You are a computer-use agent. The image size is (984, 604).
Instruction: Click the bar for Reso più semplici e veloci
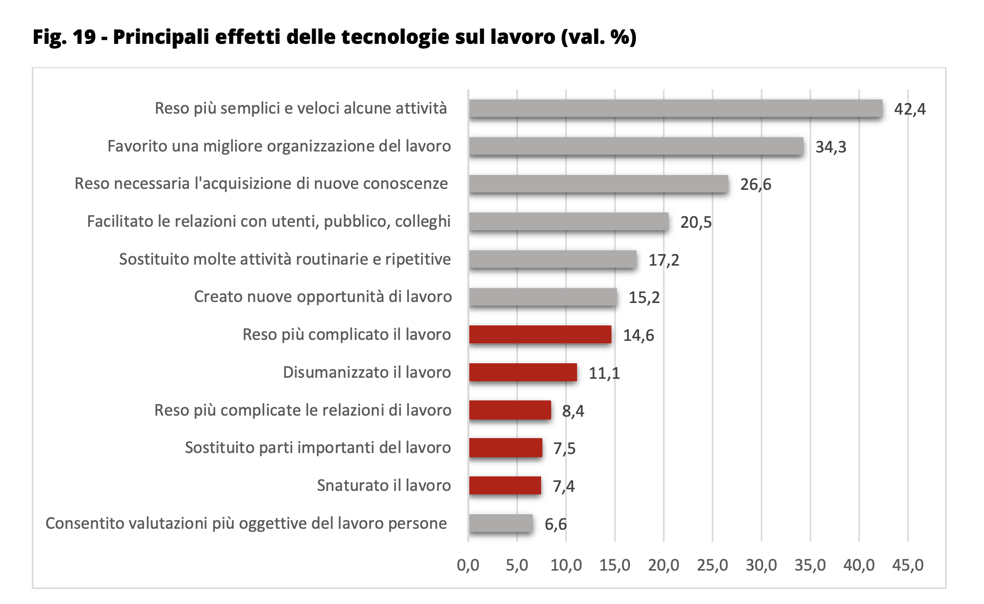[x=675, y=109]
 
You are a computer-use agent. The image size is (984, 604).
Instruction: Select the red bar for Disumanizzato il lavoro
[x=523, y=372]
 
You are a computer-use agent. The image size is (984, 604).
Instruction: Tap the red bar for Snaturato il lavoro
[x=505, y=485]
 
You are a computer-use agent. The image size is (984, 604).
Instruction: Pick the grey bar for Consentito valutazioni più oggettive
[x=501, y=523]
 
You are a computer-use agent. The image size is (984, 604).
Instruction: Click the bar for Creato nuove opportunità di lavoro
[x=543, y=297]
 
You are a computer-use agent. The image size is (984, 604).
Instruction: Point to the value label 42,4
[x=910, y=109]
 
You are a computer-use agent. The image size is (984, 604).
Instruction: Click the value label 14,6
[x=638, y=335]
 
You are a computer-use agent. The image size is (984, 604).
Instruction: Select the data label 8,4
[x=573, y=411]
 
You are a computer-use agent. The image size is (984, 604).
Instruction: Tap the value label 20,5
[x=696, y=222]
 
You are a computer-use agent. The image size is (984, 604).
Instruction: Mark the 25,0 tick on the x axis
[x=712, y=565]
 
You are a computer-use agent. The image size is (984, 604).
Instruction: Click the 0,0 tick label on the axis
[x=468, y=565]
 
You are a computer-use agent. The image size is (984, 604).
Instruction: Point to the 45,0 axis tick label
[x=908, y=565]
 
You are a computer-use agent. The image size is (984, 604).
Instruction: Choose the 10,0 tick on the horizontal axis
[x=566, y=565]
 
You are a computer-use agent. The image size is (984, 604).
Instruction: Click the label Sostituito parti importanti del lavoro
[x=318, y=448]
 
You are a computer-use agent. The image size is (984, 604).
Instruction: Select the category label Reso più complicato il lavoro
[x=347, y=334]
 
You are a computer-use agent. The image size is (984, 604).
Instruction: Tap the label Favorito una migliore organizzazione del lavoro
[x=279, y=146]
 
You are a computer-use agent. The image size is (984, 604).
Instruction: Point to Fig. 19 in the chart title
[x=64, y=37]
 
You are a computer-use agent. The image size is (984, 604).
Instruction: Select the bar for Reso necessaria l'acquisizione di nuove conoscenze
[x=598, y=184]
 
